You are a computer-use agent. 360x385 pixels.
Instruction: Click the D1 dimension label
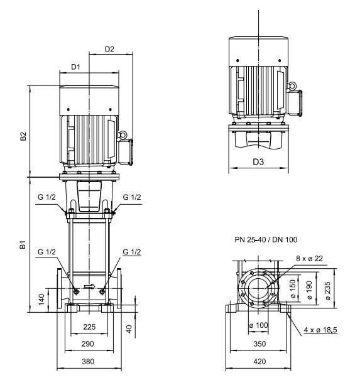75,67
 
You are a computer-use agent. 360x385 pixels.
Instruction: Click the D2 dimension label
109,49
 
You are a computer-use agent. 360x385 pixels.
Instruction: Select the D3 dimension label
258,162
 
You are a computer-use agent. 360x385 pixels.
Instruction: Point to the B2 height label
23,136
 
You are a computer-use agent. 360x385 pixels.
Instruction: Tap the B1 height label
23,245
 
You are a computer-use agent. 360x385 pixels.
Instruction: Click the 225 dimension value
89,327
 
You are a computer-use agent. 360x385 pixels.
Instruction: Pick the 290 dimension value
88,344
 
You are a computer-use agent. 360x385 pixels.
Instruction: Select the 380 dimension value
88,361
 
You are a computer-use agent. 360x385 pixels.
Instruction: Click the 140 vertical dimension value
41,300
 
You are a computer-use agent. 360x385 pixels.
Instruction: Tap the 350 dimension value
259,344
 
